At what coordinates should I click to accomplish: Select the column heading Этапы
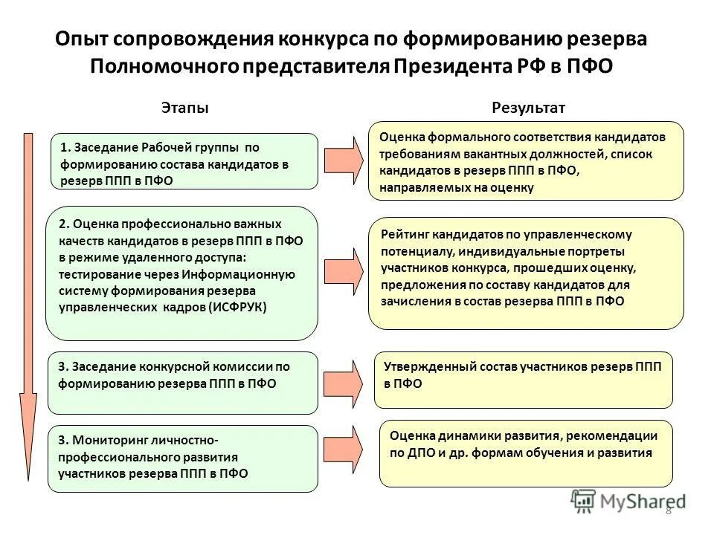point(185,108)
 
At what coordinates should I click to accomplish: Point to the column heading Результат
point(528,108)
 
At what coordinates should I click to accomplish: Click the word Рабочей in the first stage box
point(166,147)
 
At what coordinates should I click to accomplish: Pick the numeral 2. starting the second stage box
point(64,224)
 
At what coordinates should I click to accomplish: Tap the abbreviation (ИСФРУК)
point(237,306)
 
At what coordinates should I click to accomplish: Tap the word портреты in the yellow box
point(599,250)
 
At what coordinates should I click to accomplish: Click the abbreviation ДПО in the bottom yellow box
point(422,452)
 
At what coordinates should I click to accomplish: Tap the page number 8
point(668,510)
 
